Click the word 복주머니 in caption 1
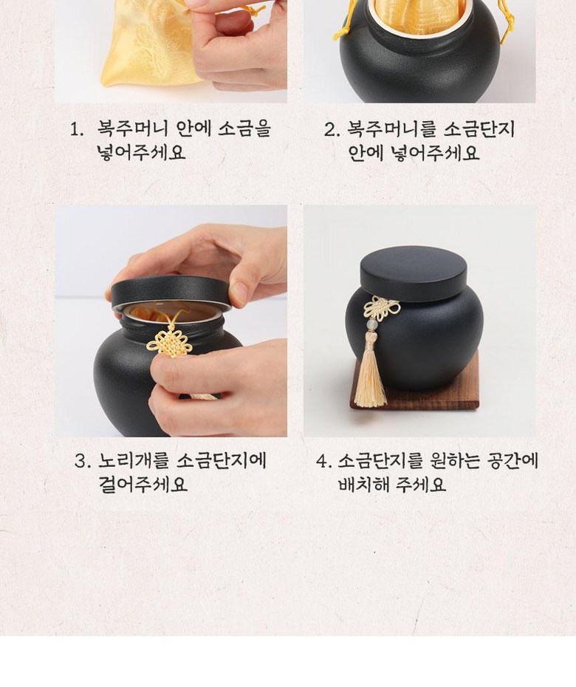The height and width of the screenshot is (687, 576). (x=131, y=129)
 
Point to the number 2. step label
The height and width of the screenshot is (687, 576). (x=332, y=129)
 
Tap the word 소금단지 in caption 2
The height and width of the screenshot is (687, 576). (x=479, y=129)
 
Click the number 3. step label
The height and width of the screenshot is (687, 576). (x=83, y=461)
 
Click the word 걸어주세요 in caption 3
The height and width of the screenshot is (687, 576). (x=143, y=484)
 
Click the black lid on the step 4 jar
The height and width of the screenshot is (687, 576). (x=414, y=273)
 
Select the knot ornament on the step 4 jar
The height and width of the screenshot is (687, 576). (x=382, y=307)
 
